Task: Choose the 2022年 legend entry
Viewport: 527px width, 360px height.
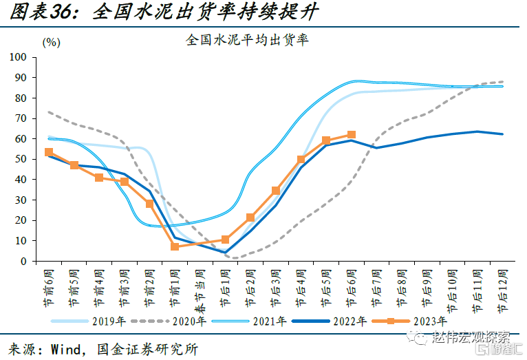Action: click(x=344, y=321)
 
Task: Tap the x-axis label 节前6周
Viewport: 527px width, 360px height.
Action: click(x=48, y=286)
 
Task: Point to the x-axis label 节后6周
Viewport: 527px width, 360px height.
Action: click(x=352, y=286)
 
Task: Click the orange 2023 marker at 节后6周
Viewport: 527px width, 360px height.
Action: click(x=352, y=135)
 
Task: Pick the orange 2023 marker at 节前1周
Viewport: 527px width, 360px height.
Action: click(x=175, y=246)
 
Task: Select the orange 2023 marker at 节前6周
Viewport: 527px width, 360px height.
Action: click(x=48, y=152)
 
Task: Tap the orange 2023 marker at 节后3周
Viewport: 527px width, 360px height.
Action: click(x=276, y=191)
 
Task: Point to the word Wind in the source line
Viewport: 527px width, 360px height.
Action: click(x=67, y=348)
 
